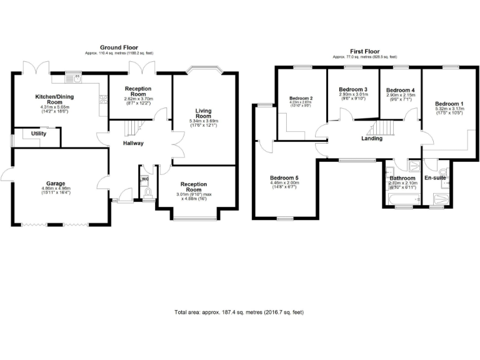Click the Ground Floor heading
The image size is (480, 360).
pos(119,47)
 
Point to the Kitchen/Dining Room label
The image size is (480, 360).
pos(56,99)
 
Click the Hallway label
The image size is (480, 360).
pos(132,144)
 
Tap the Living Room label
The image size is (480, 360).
pos(203,114)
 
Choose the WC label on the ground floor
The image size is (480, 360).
pos(146,179)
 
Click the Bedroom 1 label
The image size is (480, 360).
pos(449,104)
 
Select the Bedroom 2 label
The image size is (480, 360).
pos(301,98)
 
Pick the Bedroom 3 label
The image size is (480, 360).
pos(353,89)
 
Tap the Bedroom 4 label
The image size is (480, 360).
pos(401,90)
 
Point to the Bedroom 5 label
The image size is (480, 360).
pos(284,178)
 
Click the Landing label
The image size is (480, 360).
pos(372,139)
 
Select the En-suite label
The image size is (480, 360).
pos(435,178)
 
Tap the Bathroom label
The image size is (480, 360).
pos(402,178)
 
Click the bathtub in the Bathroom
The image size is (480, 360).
pos(402,199)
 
